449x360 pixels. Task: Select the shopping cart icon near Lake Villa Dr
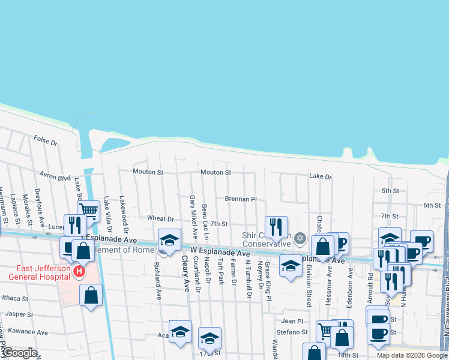(x=88, y=210)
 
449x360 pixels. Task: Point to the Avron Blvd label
(x=55, y=178)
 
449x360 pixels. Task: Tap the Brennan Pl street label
(x=240, y=199)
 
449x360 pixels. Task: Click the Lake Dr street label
(x=320, y=177)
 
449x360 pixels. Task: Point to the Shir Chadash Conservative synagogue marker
(x=300, y=239)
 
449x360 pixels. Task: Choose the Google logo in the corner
(x=19, y=353)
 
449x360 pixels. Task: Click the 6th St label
(x=432, y=205)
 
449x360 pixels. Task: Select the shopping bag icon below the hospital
(x=91, y=296)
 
